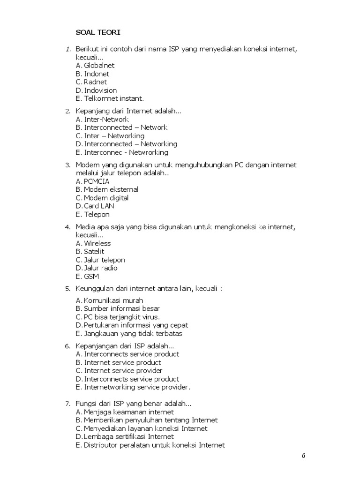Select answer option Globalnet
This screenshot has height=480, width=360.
[99, 66]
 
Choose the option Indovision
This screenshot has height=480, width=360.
[100, 90]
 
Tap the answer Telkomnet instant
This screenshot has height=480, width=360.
[114, 98]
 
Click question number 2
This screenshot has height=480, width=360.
[67, 111]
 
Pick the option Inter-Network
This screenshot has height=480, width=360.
[106, 120]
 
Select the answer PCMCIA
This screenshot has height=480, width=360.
[99, 181]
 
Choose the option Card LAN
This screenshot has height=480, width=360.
[99, 206]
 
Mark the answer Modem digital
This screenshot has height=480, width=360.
[106, 198]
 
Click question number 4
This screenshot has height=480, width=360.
[67, 227]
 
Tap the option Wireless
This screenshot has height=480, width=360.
[97, 243]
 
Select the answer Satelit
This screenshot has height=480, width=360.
[94, 252]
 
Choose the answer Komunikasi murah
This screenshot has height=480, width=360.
[113, 300]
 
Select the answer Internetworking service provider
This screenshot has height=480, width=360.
[137, 387]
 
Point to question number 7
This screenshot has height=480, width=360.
[67, 404]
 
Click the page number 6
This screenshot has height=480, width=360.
[303, 456]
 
